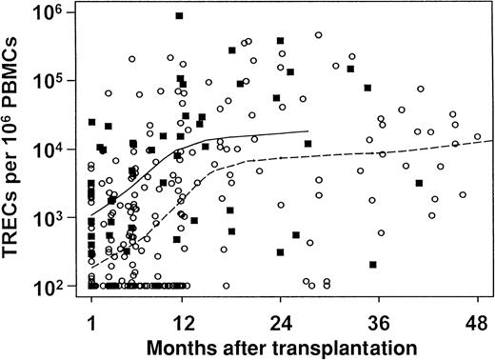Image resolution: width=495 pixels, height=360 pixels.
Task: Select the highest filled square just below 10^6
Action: (x=179, y=16)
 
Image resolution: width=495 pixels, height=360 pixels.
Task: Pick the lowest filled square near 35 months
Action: (x=373, y=264)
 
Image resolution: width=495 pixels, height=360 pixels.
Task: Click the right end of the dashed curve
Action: (x=492, y=140)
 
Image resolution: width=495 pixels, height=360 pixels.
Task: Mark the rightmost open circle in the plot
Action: (x=477, y=136)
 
